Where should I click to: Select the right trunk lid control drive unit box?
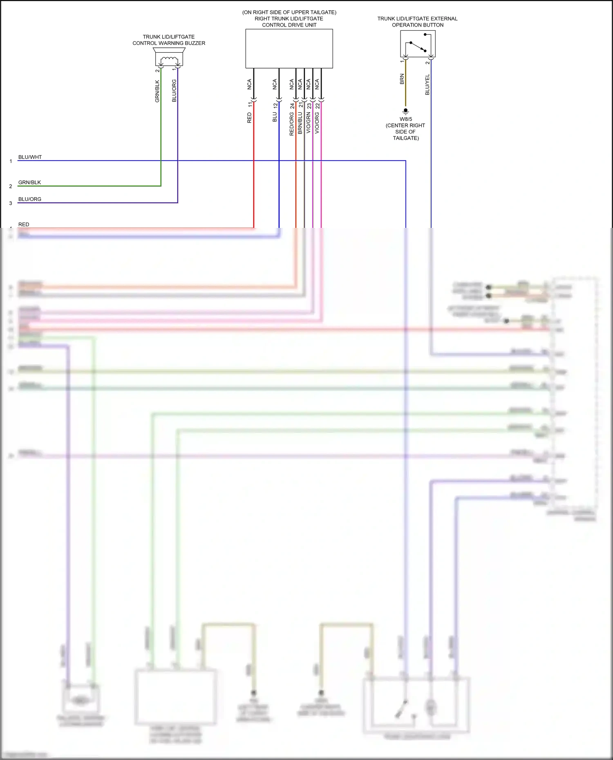click(x=289, y=49)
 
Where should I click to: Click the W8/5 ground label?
click(x=406, y=119)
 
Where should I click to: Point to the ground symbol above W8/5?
click(x=405, y=111)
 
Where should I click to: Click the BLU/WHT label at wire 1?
click(x=30, y=157)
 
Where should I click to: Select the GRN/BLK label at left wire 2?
click(x=29, y=183)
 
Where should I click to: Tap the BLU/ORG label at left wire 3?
click(x=30, y=199)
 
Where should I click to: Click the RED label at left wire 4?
click(x=24, y=225)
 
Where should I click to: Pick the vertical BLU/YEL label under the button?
click(x=427, y=85)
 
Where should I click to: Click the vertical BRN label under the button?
click(x=402, y=79)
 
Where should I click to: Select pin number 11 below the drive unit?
click(x=250, y=105)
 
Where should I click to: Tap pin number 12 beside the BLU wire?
click(x=275, y=105)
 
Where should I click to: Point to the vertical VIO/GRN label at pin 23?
click(x=309, y=123)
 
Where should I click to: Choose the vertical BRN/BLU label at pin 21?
click(x=300, y=123)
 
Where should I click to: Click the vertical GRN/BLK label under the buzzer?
click(x=157, y=91)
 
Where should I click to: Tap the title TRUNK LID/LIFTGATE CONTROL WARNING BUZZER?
click(x=169, y=40)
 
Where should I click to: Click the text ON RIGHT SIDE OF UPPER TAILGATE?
click(x=289, y=12)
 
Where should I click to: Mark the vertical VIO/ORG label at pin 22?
click(x=317, y=123)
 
